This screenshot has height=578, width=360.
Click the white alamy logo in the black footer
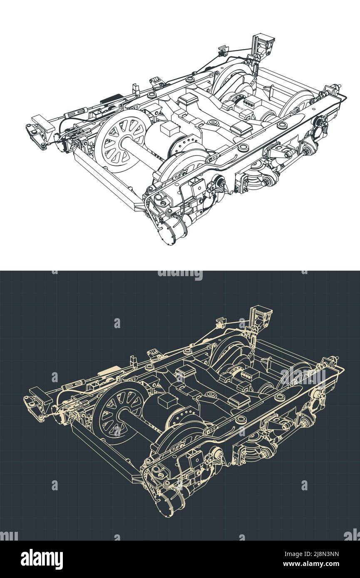42,559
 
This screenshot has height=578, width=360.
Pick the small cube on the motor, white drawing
169,129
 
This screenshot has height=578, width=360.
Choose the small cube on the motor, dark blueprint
167,401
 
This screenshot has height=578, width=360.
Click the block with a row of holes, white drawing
250,102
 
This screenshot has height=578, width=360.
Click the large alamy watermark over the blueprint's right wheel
303,375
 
